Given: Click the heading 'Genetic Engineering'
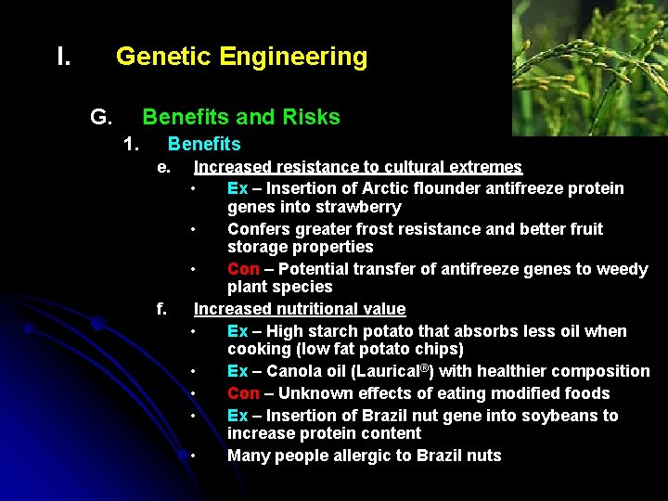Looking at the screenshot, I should click(x=241, y=57).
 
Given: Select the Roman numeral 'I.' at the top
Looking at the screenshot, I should click(x=64, y=57).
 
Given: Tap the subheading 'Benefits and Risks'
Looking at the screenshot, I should click(x=240, y=117).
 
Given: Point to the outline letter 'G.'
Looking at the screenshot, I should click(x=101, y=117).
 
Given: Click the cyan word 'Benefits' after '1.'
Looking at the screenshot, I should click(x=203, y=144).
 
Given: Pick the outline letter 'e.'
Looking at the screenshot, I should click(x=163, y=167).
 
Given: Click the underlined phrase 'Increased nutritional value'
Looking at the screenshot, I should click(x=299, y=309).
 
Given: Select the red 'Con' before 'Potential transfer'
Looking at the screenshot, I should click(x=243, y=269).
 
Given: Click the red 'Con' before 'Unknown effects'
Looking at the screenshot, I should click(x=243, y=393).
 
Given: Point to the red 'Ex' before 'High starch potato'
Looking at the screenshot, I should click(x=238, y=331).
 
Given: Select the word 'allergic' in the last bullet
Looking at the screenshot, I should click(x=366, y=456).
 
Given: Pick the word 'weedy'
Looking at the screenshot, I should click(x=623, y=269).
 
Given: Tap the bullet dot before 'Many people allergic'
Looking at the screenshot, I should click(x=192, y=456).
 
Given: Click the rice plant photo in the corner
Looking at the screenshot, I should click(x=589, y=68).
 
